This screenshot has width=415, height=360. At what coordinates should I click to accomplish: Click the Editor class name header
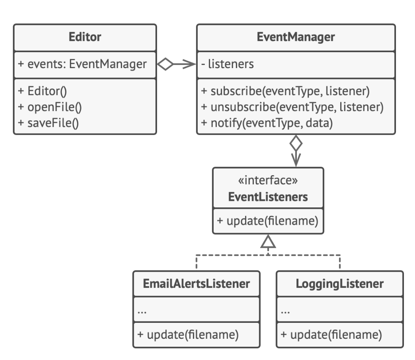tap(85, 38)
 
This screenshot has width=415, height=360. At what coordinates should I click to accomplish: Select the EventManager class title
tap(296, 38)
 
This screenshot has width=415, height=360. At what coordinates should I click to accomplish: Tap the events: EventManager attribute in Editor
tap(82, 64)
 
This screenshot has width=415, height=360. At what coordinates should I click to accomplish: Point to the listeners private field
tap(227, 64)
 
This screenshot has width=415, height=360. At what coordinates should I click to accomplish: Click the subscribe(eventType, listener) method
tap(285, 92)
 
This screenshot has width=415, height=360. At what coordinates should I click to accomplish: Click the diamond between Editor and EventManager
tap(165, 65)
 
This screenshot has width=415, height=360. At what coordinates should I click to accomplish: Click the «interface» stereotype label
tap(268, 181)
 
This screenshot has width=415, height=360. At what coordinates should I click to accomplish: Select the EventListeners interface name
tap(268, 197)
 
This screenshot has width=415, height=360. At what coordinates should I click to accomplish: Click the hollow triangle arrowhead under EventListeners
tap(268, 241)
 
